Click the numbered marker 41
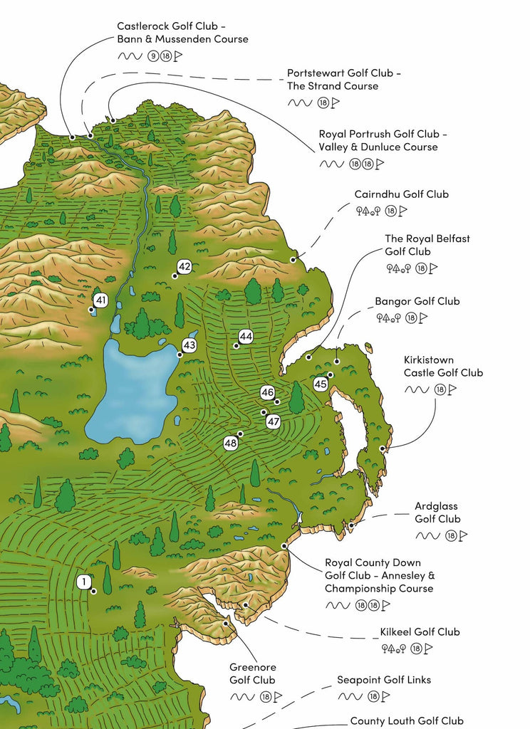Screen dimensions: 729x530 point(101,300)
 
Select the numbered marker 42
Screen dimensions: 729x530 point(185,267)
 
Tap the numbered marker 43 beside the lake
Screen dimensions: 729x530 point(189,345)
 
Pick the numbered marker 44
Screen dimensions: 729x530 point(246,336)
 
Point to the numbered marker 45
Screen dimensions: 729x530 point(321,384)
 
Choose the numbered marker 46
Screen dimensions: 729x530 point(268,392)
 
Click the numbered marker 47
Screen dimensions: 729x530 point(274,421)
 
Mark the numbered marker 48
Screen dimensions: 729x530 point(231,443)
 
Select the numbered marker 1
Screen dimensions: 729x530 point(84,582)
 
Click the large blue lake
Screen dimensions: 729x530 point(132,392)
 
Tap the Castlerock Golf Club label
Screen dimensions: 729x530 point(182,33)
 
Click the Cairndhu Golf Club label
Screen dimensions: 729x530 point(401,194)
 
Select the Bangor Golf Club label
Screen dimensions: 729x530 point(417,301)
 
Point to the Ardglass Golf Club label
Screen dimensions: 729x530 point(437,513)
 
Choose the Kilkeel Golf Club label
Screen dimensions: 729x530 point(419,631)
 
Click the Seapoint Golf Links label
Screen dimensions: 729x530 point(383,680)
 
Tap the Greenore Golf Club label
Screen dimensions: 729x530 point(252,673)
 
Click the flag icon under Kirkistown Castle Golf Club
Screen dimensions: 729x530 point(452,389)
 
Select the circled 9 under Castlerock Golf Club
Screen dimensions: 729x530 point(152,56)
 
